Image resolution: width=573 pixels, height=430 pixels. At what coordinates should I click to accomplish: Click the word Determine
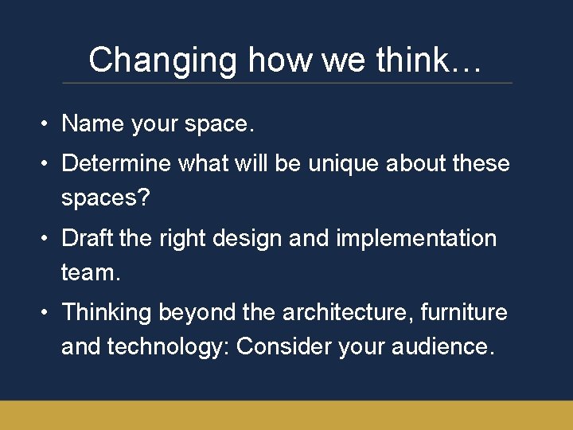coord(117,163)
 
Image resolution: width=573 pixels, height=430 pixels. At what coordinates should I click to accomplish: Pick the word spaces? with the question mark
coord(105,197)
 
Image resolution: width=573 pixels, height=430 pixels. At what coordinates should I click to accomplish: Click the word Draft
coord(88,238)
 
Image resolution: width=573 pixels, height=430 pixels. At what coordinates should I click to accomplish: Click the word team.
coord(91,272)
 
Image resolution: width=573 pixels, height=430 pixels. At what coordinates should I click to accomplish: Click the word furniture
coord(464,312)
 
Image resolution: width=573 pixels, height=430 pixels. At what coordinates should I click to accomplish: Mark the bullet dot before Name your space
coord(48,124)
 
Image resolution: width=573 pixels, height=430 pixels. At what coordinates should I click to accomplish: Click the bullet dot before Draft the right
coord(48,239)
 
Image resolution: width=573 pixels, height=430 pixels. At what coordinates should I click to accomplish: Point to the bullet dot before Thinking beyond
coord(48,313)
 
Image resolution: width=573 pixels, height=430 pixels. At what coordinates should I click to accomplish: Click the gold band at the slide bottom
coord(286,415)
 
